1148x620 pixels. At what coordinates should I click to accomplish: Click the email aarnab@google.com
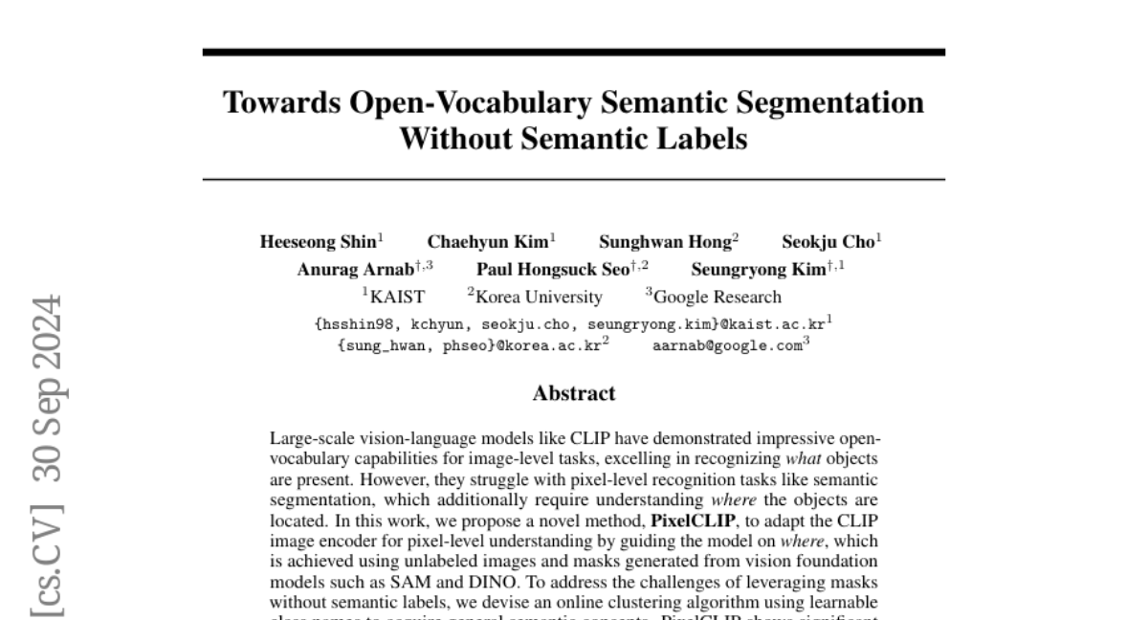click(727, 346)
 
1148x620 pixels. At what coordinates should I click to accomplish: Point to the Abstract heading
click(574, 392)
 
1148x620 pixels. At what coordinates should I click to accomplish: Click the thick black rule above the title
click(574, 52)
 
